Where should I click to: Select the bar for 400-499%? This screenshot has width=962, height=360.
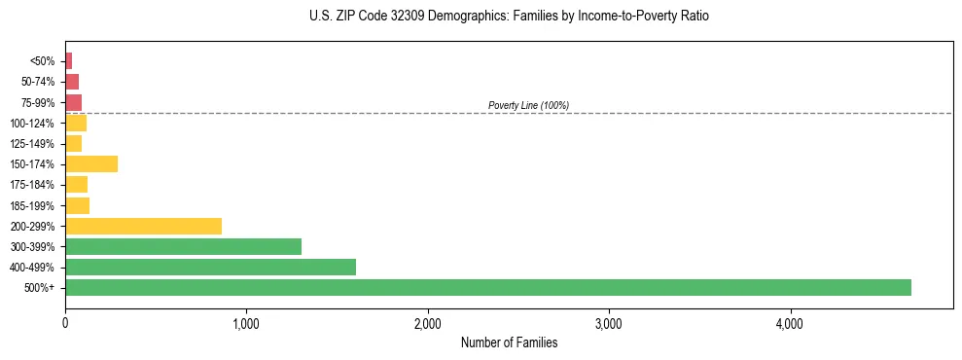point(210,267)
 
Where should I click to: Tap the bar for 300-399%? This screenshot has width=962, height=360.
point(183,246)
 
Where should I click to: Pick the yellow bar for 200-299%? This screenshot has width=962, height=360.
point(143,226)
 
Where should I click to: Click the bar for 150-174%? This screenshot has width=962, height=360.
point(91,163)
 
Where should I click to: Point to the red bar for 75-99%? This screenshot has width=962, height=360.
point(73,102)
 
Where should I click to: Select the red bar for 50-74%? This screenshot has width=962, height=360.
point(72,82)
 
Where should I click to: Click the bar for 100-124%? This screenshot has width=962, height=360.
point(76,123)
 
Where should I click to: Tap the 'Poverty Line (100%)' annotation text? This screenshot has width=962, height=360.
point(528,105)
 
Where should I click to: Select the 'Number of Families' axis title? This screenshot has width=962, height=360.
point(509,342)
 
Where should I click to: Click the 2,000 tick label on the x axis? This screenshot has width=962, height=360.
point(428,322)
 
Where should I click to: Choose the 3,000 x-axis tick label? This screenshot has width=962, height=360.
point(609,322)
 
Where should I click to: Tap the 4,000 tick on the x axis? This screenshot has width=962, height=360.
point(790,322)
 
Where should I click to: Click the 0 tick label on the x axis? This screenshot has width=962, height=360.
point(65,322)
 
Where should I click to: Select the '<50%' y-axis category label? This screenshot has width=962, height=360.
point(42,61)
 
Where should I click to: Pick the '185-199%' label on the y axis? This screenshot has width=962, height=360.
point(32,205)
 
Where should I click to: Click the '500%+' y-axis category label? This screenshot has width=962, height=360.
point(39,288)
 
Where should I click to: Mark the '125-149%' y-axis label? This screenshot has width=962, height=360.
point(32,144)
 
